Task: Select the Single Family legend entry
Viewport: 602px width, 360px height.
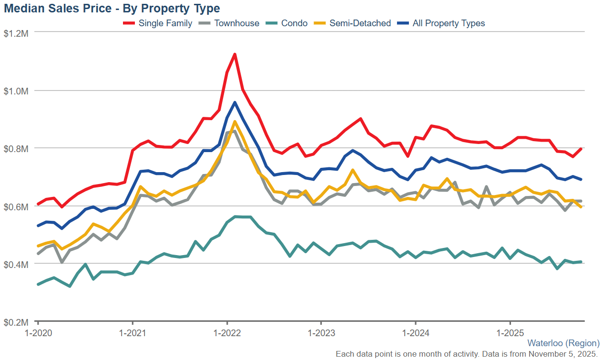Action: click(165, 23)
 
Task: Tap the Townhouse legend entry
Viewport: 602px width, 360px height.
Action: click(236, 23)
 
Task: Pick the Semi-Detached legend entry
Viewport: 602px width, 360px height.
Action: click(360, 23)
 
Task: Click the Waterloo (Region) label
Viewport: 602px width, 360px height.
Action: click(563, 343)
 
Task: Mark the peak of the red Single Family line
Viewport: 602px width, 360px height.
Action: click(235, 54)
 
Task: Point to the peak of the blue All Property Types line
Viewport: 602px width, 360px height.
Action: click(235, 102)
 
